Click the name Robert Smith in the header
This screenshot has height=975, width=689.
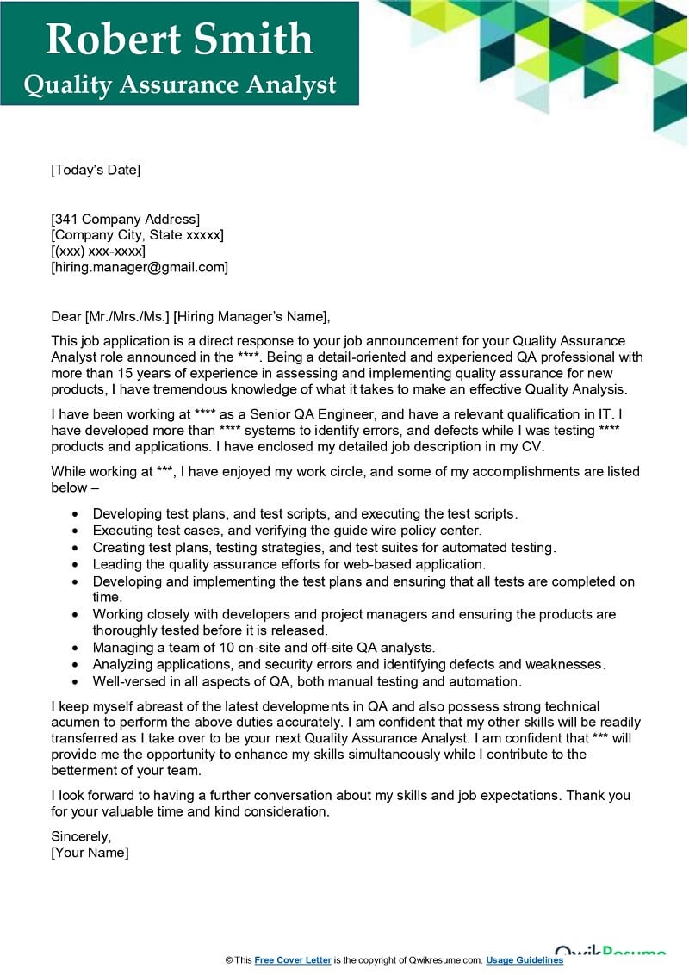(179, 40)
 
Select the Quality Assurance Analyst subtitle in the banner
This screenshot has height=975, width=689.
(179, 84)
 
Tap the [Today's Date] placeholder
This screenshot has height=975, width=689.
(96, 170)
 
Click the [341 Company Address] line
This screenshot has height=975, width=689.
(126, 219)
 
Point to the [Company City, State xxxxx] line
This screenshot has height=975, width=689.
(138, 235)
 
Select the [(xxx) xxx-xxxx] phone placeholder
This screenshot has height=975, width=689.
(98, 251)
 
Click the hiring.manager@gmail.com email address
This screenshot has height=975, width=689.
(140, 267)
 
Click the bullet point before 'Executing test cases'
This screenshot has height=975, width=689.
(76, 531)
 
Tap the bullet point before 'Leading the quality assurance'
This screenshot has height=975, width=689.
(76, 564)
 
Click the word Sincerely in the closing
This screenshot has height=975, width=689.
(81, 836)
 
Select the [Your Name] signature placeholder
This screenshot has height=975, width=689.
(90, 853)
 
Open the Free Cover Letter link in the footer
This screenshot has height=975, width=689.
(293, 960)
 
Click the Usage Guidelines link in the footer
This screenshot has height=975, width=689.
(525, 960)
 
